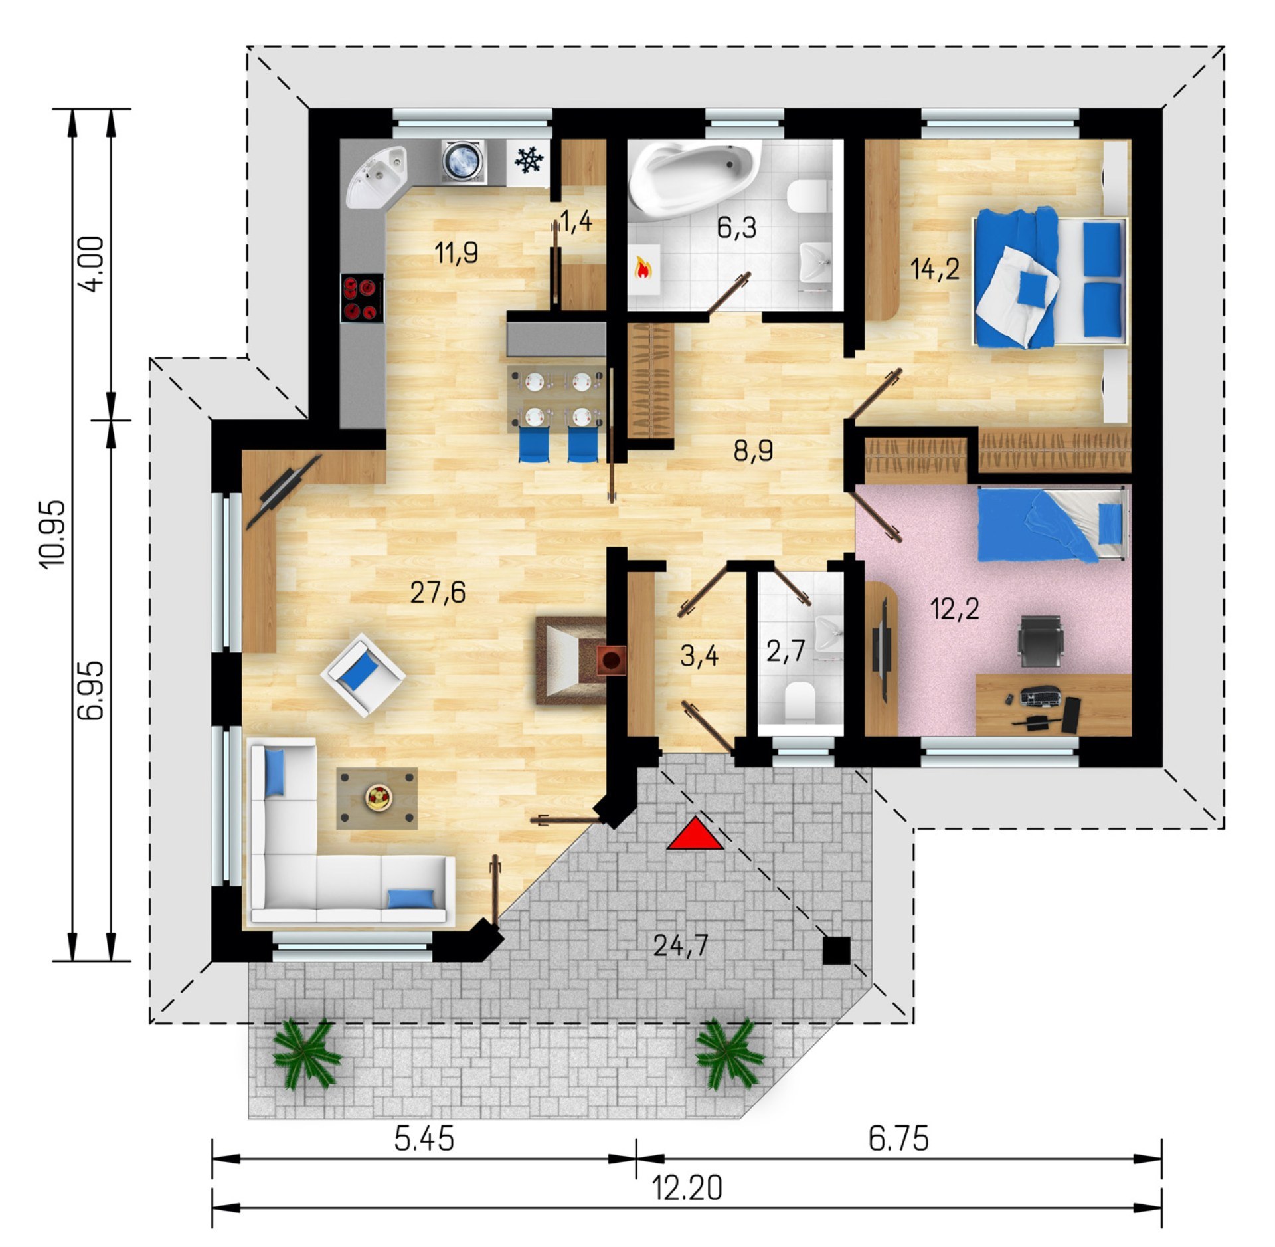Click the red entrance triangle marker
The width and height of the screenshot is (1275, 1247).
(695, 835)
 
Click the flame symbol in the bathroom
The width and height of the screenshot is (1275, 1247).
(643, 268)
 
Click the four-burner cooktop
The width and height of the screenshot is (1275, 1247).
(362, 298)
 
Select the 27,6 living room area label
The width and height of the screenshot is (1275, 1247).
(438, 591)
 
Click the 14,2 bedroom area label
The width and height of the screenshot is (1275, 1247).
(934, 269)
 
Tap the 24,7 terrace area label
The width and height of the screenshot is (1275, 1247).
(681, 945)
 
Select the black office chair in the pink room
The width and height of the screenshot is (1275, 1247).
(1041, 640)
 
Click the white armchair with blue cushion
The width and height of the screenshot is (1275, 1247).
(363, 674)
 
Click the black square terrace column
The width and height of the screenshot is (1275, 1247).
(836, 950)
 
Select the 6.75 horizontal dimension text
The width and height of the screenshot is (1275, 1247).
(898, 1139)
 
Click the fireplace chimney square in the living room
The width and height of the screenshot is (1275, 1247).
(611, 660)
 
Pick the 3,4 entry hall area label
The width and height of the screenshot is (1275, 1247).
(700, 656)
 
